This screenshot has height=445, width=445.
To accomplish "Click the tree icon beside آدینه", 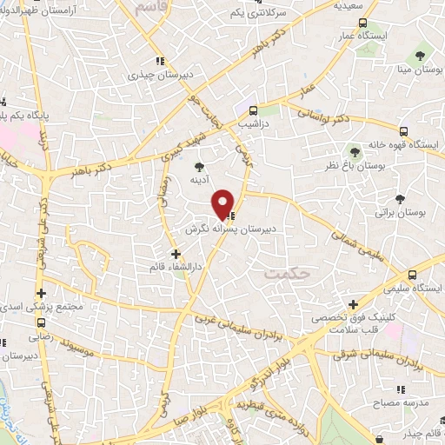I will click(x=201, y=164).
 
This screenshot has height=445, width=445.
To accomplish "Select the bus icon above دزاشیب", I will click(x=253, y=110).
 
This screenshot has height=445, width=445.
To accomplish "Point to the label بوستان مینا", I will click(x=415, y=68).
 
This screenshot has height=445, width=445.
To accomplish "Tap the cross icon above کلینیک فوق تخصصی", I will click(x=353, y=304).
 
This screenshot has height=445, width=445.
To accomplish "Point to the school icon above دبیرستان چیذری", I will click(x=158, y=61).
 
